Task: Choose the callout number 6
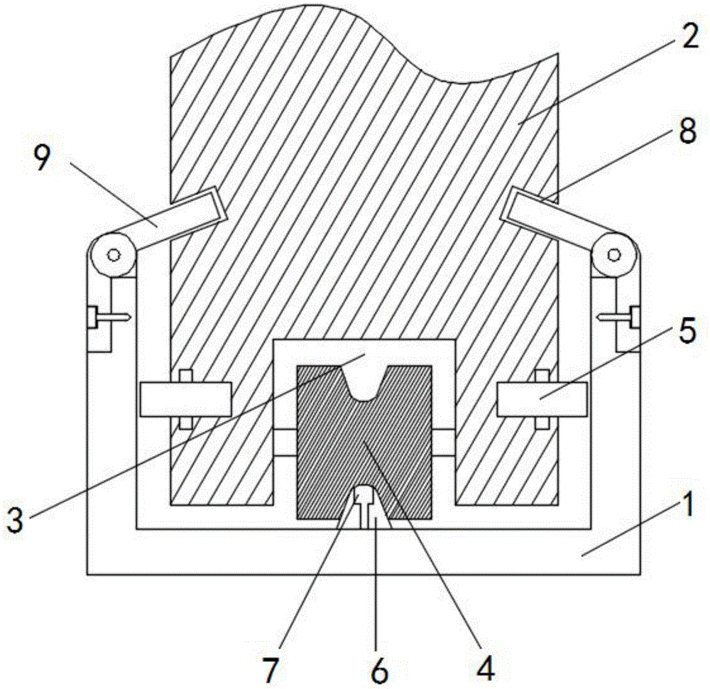coord(381,668)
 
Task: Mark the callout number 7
coord(271,667)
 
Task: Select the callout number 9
coord(42,161)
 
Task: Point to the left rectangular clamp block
coord(186,399)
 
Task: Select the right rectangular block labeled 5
coord(542,398)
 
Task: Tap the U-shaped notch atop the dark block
coord(364,387)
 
